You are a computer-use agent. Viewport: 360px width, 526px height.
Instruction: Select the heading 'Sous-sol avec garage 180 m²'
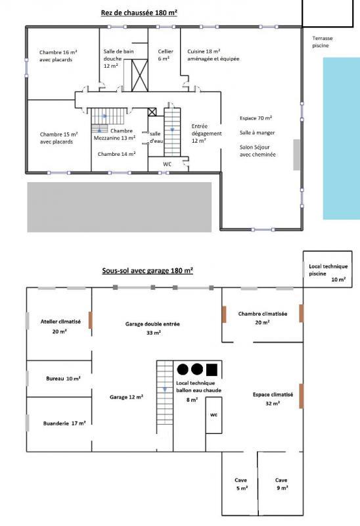click(148, 270)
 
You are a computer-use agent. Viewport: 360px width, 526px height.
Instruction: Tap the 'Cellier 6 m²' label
click(164, 55)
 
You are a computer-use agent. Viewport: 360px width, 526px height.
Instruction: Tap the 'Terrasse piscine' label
click(323, 42)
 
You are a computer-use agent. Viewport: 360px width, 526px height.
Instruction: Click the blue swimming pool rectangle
click(341, 145)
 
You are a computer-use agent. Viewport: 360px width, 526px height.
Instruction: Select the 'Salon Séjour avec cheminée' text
click(258, 150)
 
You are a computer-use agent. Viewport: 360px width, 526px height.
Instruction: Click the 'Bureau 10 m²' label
click(63, 379)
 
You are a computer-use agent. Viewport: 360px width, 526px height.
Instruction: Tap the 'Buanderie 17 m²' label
click(64, 423)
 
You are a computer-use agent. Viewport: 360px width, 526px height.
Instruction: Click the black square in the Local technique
click(212, 370)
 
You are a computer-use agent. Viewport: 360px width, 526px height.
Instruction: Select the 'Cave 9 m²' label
click(281, 483)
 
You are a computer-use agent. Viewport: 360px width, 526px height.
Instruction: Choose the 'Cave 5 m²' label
click(241, 483)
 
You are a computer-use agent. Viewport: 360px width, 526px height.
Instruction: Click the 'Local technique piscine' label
click(328, 270)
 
